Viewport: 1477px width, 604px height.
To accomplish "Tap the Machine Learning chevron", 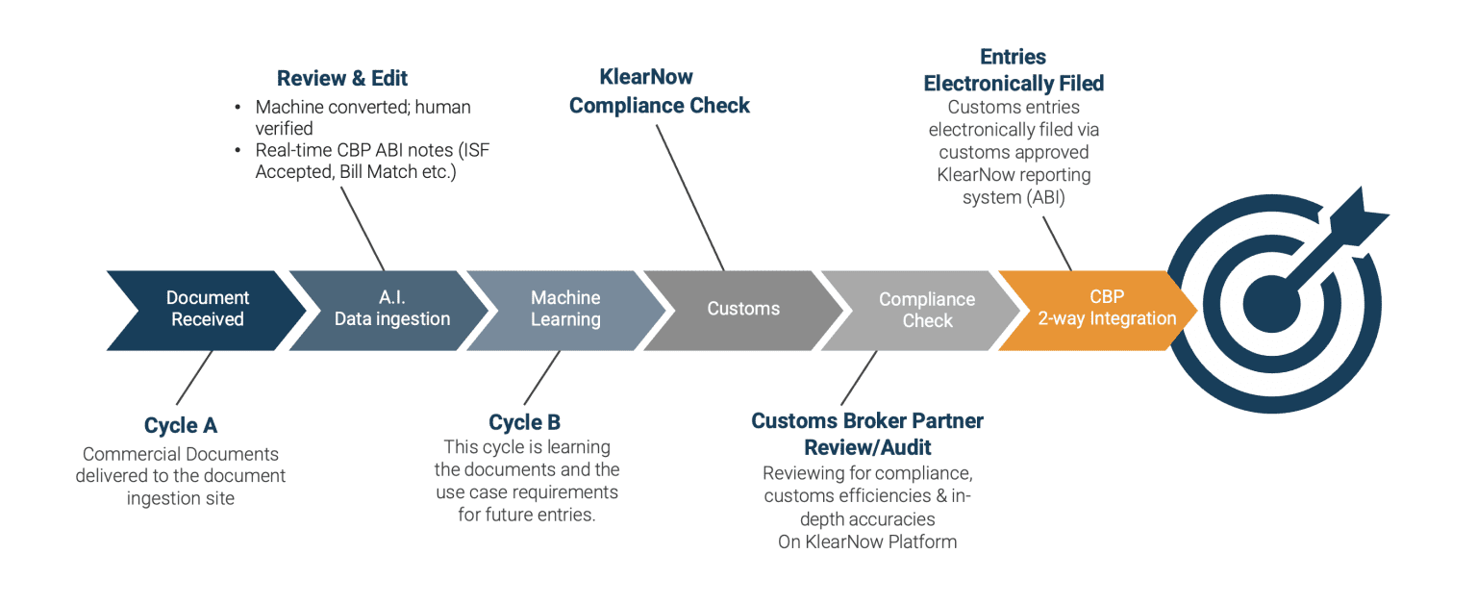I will click(x=565, y=310).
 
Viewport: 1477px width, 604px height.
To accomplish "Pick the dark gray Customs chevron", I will click(x=743, y=310).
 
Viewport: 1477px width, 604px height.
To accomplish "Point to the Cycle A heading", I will click(x=181, y=425).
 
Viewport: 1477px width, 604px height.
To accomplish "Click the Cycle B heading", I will click(x=524, y=422).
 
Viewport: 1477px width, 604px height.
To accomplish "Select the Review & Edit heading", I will click(x=342, y=79).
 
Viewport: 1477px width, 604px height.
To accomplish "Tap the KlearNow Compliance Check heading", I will click(x=660, y=91).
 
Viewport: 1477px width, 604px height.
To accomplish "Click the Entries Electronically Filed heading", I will click(x=1014, y=70).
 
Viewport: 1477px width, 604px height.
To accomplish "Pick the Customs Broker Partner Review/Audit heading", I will click(x=867, y=434).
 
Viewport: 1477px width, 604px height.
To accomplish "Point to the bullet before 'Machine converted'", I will click(x=237, y=108).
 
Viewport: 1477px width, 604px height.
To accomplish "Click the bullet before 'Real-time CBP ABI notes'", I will click(x=237, y=151).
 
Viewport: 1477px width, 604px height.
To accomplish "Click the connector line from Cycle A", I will click(x=194, y=377).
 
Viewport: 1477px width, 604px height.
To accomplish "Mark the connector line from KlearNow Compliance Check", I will click(x=690, y=196).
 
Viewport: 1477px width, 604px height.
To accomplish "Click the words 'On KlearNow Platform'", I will click(x=867, y=541).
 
